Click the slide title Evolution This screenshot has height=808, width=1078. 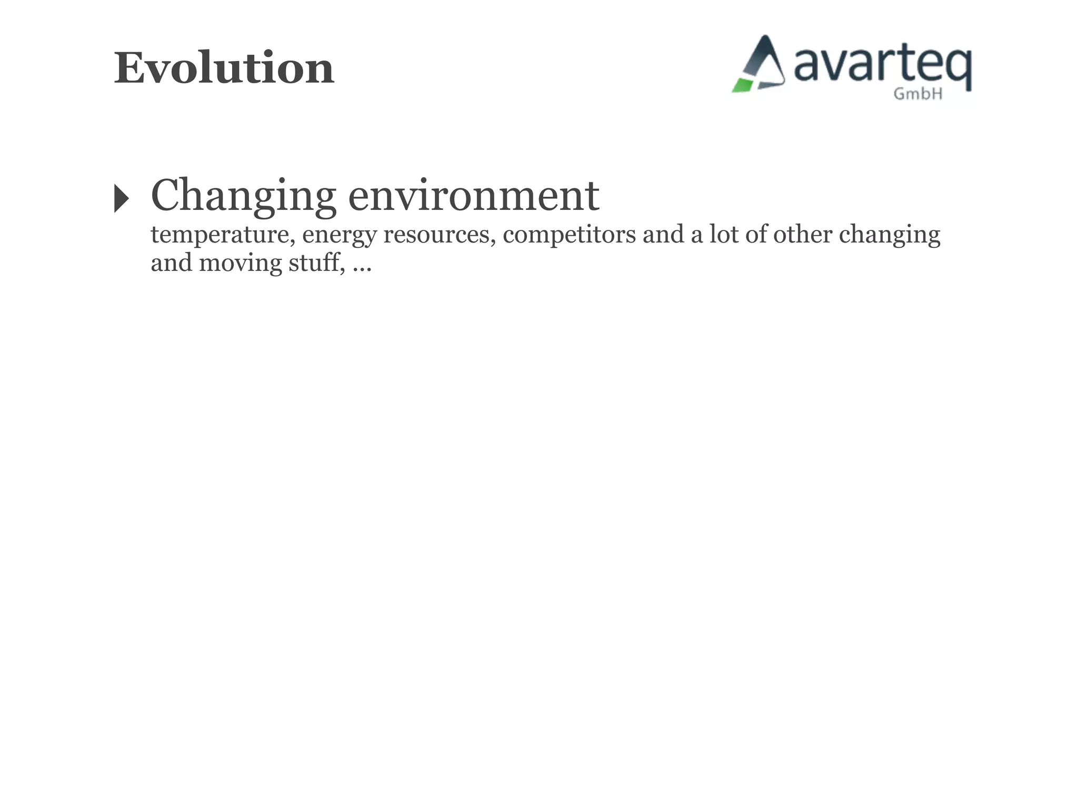224,68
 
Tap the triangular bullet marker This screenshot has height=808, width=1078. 121,198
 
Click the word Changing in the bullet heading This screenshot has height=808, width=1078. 243,196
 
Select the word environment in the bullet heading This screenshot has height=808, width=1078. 473,196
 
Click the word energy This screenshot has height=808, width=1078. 339,235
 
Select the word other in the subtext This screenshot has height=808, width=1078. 802,235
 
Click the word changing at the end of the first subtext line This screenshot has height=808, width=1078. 889,235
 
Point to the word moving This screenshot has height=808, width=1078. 241,263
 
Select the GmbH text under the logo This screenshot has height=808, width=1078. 918,94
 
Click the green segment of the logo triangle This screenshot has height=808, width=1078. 742,85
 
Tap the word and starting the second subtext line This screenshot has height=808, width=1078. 171,263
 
